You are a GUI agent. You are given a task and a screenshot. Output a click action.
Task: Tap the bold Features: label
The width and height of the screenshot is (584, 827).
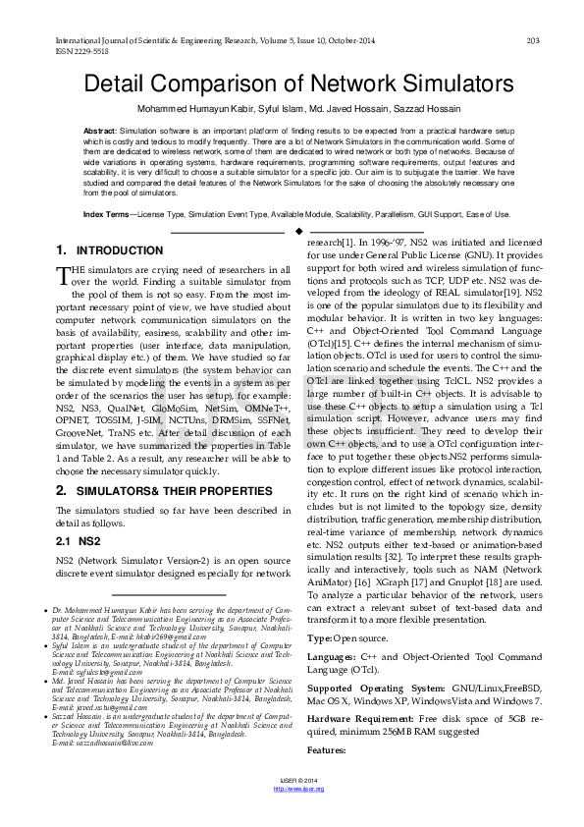click(x=328, y=749)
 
